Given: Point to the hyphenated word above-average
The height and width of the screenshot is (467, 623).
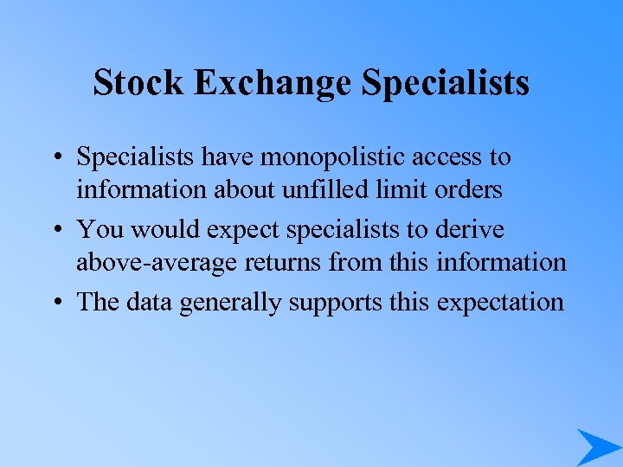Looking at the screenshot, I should pos(154,260).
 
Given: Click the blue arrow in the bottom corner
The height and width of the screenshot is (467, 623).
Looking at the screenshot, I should pos(598,446).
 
